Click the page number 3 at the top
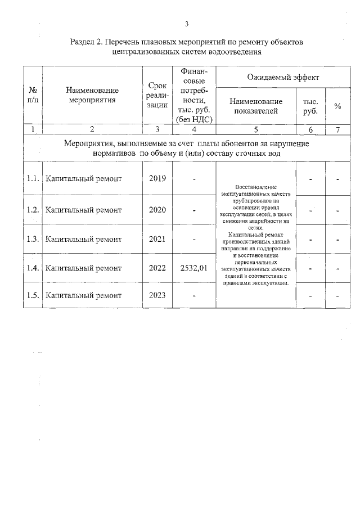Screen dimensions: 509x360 pyautogui.click(x=186, y=24)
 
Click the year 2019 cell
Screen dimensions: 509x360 pyautogui.click(x=157, y=179)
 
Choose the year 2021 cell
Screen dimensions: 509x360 pyautogui.click(x=157, y=239)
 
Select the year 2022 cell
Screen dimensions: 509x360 pyautogui.click(x=157, y=268)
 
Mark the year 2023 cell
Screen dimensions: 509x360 pyautogui.click(x=157, y=295)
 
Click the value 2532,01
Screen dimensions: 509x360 pyautogui.click(x=193, y=268)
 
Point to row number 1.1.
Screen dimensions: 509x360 pyautogui.click(x=33, y=179)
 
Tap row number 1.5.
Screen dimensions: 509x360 pyautogui.click(x=33, y=295)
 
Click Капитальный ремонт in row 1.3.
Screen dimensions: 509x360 pyautogui.click(x=84, y=239)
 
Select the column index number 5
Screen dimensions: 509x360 pyautogui.click(x=256, y=129)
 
